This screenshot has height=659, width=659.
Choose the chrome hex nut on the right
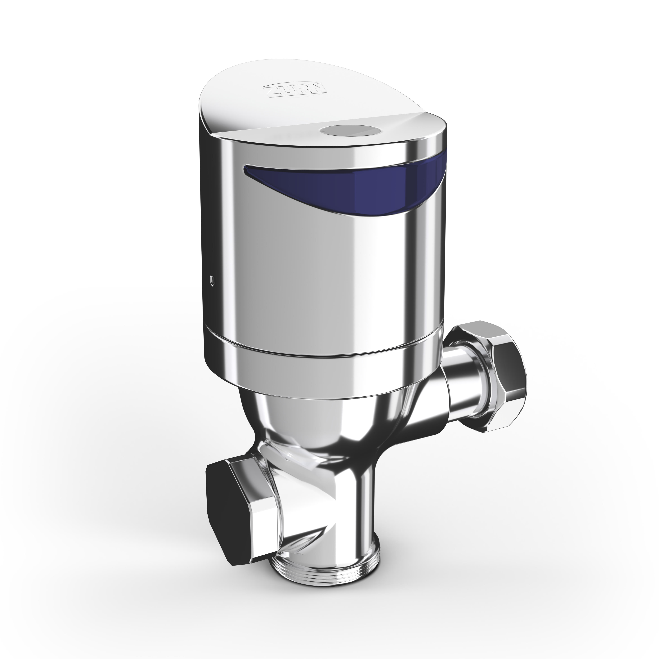(x=491, y=365)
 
